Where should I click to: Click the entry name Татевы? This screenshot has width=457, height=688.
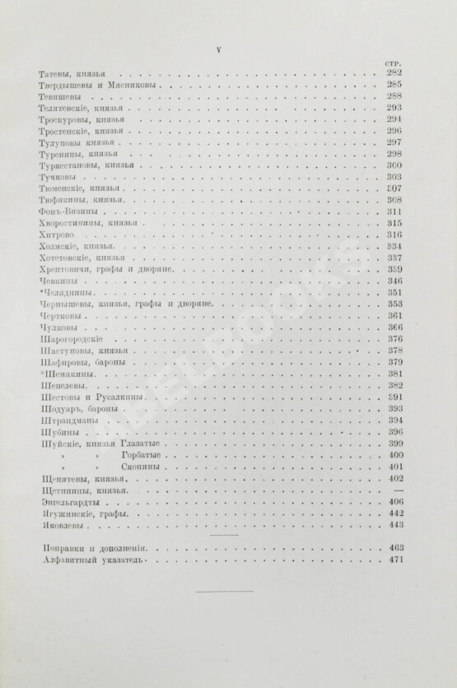[x=55, y=74]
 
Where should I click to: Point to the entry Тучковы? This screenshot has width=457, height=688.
[x=58, y=176]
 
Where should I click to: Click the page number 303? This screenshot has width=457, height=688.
[x=393, y=176]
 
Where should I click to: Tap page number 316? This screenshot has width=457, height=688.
[x=393, y=235]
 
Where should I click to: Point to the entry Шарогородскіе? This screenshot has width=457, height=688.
[x=69, y=339]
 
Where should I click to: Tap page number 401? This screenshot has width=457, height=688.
[x=393, y=467]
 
